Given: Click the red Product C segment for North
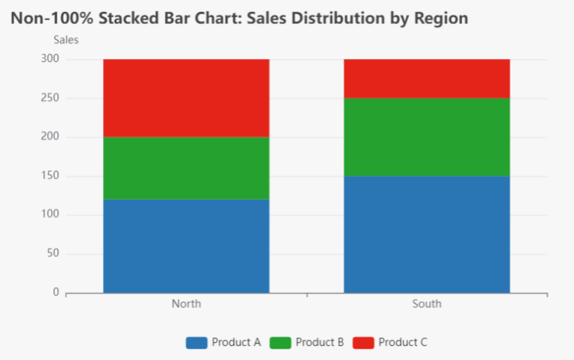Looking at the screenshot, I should point(186,98).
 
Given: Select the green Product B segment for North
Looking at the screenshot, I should point(186,168).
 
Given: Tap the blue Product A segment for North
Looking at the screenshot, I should point(186,246).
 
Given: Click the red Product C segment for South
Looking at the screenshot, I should point(427,78).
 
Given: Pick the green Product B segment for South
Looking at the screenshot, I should point(427,137).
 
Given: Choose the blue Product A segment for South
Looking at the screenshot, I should point(427,234).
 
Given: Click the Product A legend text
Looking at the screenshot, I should point(236,342).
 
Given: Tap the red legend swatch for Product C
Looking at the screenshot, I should point(363,342).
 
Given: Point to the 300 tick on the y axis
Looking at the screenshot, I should point(50,59).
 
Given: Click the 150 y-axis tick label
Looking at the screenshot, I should point(50,176).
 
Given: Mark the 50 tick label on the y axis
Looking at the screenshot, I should point(53,254).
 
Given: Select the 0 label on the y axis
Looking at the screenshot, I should point(56,293).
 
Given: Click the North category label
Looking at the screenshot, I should point(186,304).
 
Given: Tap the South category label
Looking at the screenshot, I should point(427,304).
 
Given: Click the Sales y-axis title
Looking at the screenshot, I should point(65,40).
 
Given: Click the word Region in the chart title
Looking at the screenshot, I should point(440,18).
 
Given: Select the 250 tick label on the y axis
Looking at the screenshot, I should point(50,98).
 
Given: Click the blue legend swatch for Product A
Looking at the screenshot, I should point(197,342).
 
